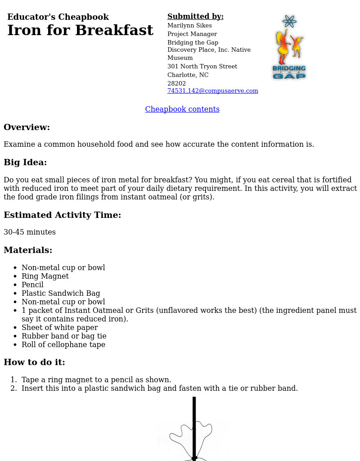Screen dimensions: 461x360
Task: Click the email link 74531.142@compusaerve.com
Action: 212,91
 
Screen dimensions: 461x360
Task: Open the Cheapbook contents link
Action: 182,109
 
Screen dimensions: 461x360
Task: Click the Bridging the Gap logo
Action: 289,48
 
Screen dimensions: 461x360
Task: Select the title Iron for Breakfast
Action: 80,31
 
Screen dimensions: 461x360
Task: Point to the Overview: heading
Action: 27,127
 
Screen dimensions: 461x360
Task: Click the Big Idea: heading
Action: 25,163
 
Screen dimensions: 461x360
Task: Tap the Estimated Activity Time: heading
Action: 62,215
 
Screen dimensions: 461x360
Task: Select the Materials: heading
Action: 28,250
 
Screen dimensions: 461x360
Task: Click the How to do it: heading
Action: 34,362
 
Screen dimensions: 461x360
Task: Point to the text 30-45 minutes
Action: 30,232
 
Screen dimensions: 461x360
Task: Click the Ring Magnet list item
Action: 45,276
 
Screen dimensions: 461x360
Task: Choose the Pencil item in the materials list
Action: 32,285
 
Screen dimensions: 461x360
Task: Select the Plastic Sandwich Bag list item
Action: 61,294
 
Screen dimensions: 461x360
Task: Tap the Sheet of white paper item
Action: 59,328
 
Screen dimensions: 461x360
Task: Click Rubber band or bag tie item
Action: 64,336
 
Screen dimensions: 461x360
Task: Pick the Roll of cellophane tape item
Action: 63,345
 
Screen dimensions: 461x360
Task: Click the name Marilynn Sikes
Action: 189,26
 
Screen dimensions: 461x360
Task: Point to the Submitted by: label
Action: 195,17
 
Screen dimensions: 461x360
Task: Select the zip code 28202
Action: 176,84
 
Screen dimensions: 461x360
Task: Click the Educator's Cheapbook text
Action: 58,17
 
